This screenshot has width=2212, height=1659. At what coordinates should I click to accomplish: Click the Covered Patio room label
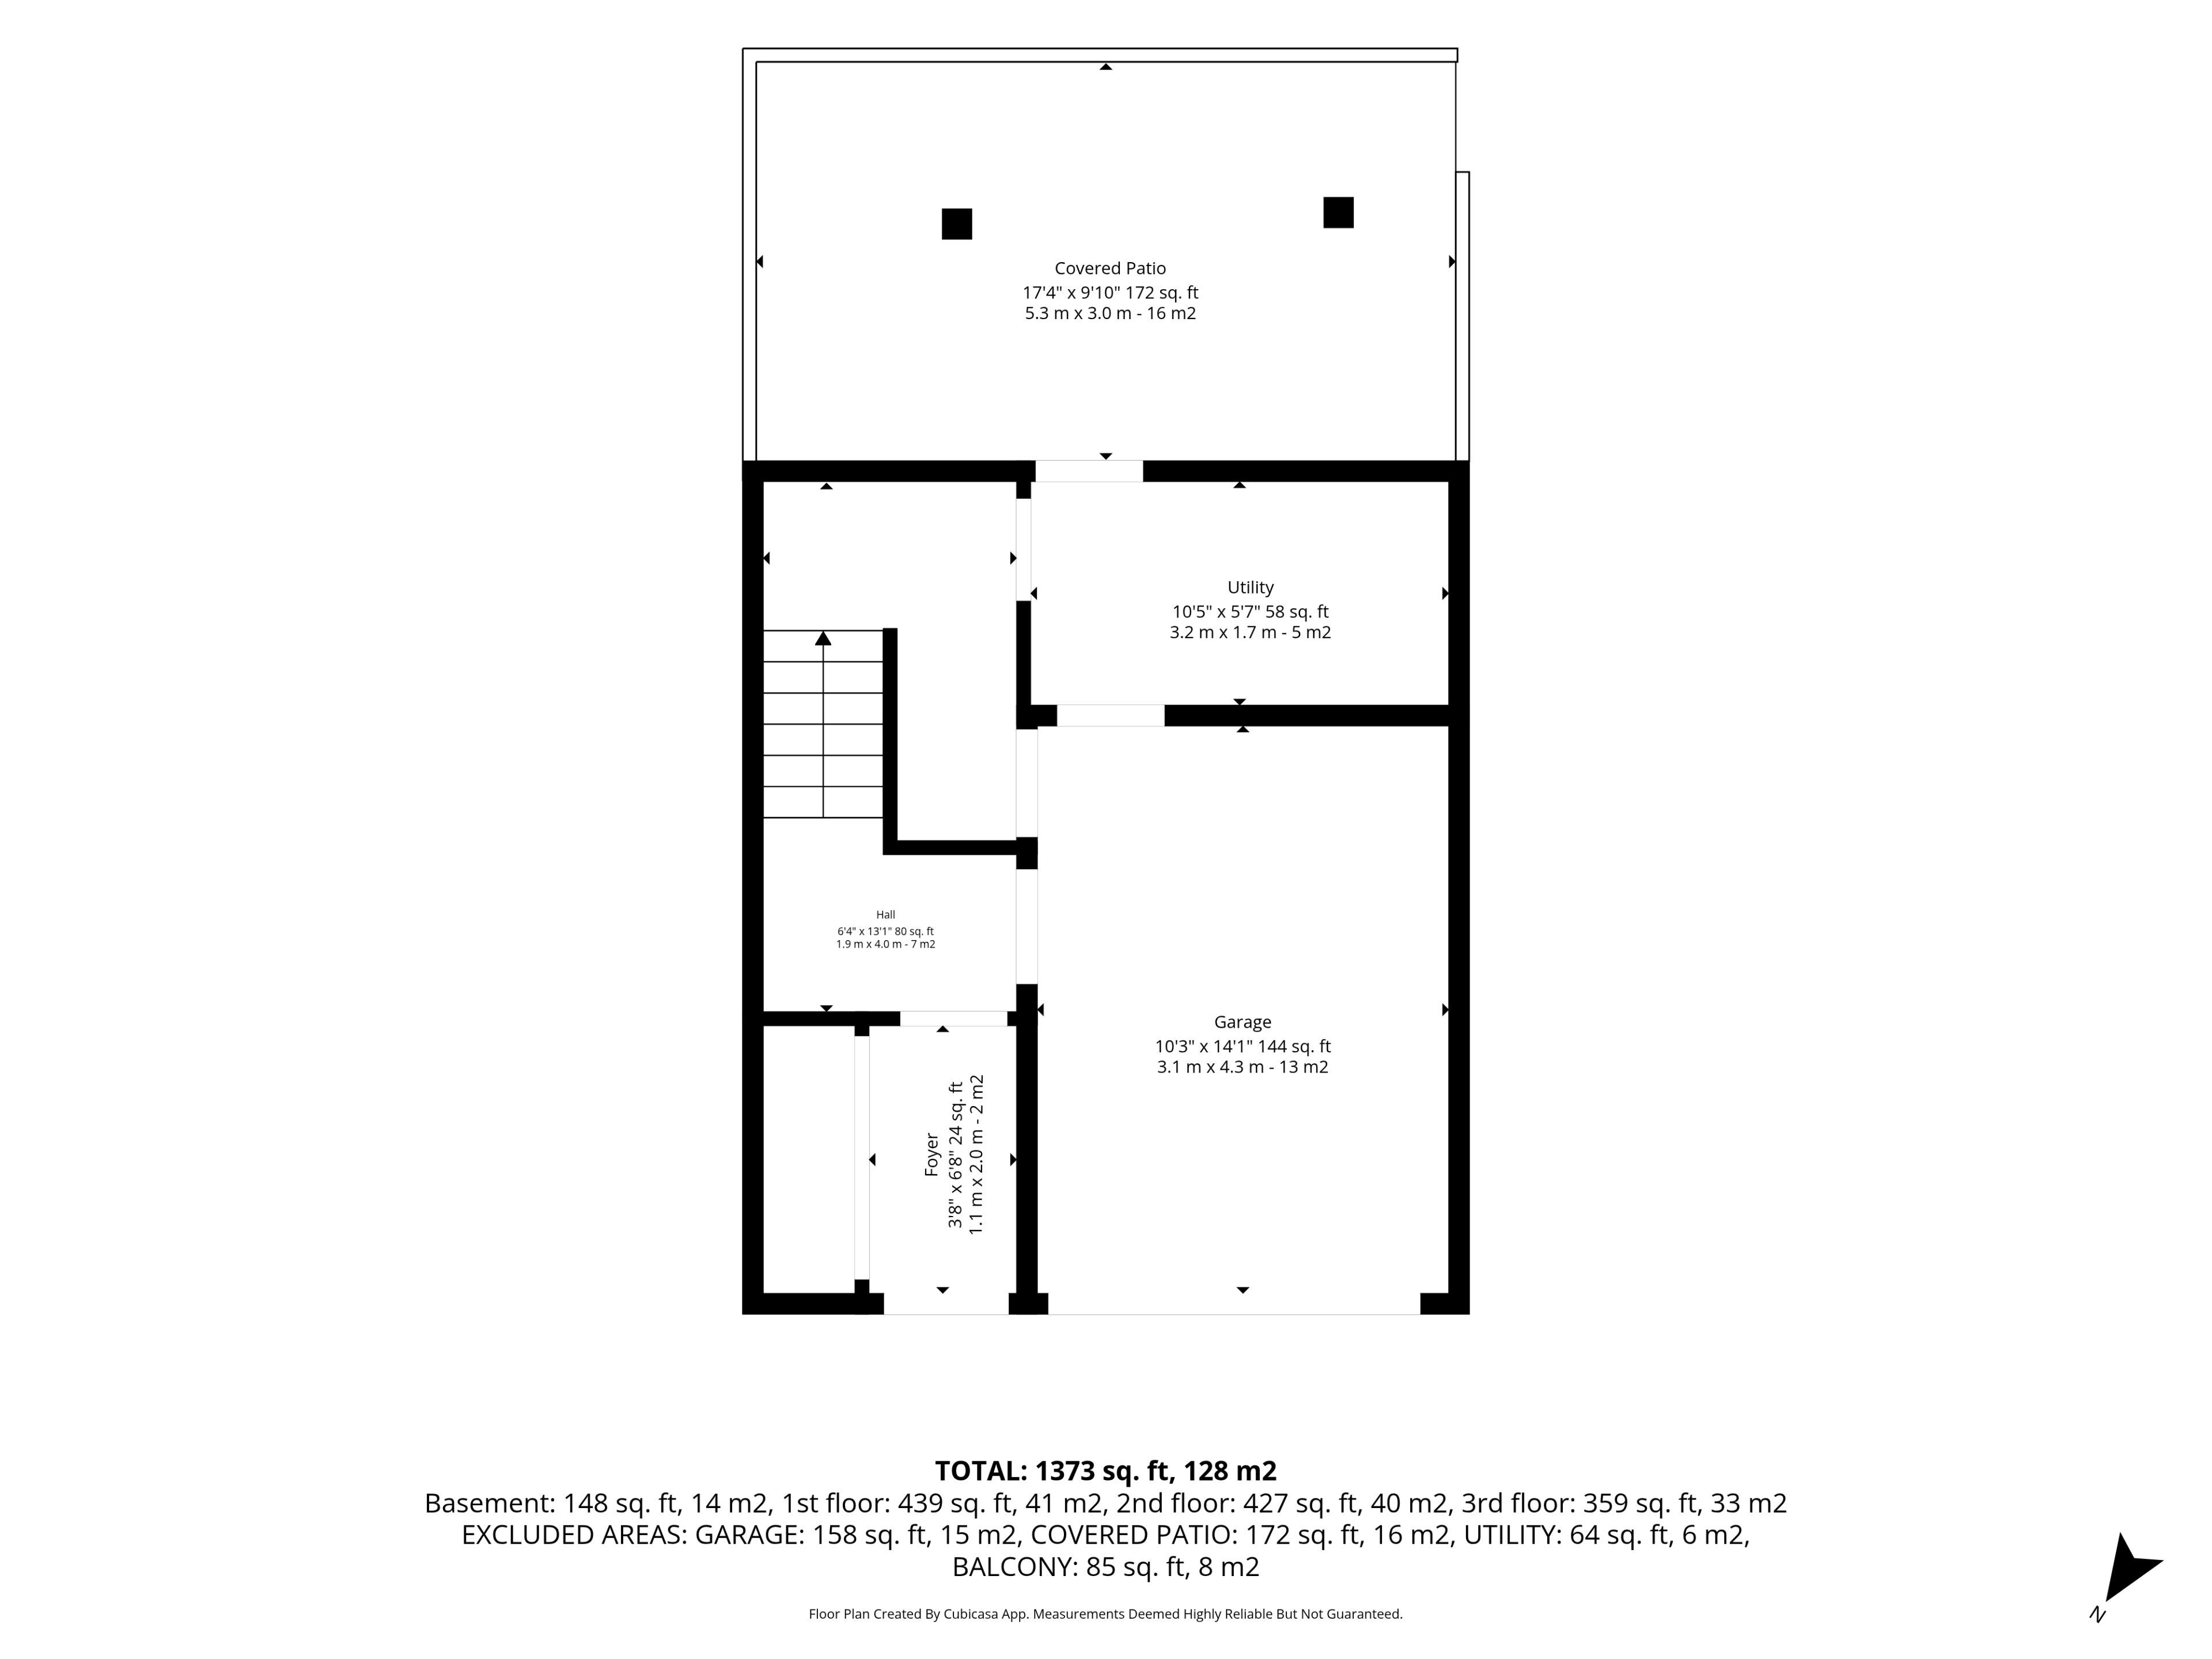(x=1110, y=268)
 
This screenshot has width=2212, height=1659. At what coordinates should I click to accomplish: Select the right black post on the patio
(x=1338, y=212)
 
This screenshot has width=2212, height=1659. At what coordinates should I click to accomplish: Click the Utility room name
(x=1250, y=587)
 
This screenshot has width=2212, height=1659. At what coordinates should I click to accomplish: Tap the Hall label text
(x=885, y=914)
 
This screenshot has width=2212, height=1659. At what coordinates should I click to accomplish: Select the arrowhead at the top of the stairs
(x=823, y=638)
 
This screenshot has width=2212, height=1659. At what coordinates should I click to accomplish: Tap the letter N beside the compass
(x=2097, y=1614)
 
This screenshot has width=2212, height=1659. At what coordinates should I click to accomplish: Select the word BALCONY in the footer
(x=1015, y=1567)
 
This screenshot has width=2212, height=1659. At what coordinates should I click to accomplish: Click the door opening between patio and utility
(x=1089, y=471)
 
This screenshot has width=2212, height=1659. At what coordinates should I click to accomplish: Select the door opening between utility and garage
(x=1111, y=716)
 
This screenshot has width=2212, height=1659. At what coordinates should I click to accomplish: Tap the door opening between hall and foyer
(x=954, y=1019)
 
